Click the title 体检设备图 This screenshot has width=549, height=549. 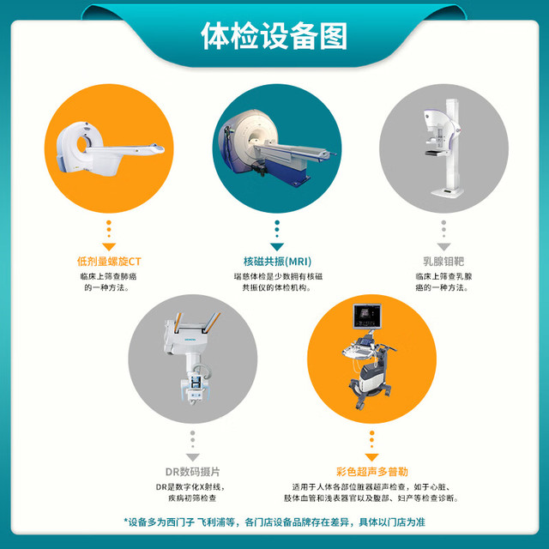(x=274, y=36)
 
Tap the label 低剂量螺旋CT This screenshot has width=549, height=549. (x=109, y=262)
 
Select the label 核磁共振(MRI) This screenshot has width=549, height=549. (x=277, y=262)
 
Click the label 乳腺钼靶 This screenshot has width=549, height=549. (x=443, y=262)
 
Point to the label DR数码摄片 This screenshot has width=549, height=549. (x=192, y=472)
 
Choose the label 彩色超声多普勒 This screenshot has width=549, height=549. (x=371, y=472)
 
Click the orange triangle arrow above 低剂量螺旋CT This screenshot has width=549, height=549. (x=109, y=246)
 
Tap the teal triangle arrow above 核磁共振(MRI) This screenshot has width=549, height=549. (x=277, y=246)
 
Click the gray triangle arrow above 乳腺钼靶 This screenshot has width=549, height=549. (x=443, y=246)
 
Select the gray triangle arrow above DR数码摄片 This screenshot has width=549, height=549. (x=192, y=457)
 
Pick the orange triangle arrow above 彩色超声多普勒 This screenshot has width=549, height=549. (x=371, y=457)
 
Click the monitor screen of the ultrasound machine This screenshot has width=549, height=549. (x=366, y=316)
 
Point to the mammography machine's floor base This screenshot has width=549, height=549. (x=447, y=192)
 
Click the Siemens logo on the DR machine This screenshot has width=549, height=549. (x=190, y=340)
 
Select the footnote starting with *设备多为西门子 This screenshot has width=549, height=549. (x=274, y=522)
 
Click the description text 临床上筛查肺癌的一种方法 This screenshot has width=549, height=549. (x=109, y=282)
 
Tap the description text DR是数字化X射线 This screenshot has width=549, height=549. (x=190, y=486)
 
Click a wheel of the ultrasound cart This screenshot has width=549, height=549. (x=359, y=406)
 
